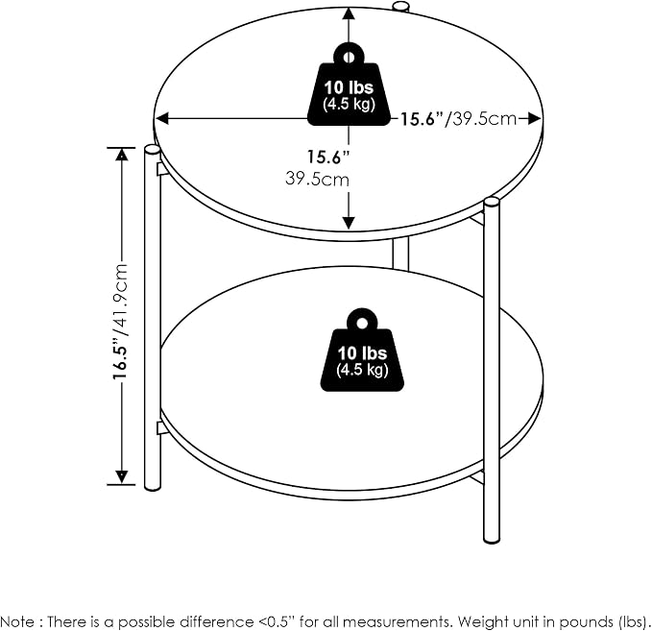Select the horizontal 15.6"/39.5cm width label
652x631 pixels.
(x=458, y=119)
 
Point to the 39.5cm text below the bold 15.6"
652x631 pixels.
(x=317, y=180)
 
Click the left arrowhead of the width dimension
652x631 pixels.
(x=161, y=118)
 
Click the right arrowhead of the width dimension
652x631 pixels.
(x=534, y=118)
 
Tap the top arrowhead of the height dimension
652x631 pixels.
(x=121, y=156)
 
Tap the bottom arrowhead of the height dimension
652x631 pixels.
(x=121, y=477)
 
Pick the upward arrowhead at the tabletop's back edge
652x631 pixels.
(x=349, y=14)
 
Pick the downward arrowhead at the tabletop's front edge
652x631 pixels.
(x=349, y=223)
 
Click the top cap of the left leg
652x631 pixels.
(x=152, y=150)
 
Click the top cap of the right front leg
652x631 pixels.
(x=491, y=202)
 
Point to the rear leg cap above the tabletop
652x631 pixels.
(x=400, y=6)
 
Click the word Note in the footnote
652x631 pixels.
(x=18, y=621)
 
